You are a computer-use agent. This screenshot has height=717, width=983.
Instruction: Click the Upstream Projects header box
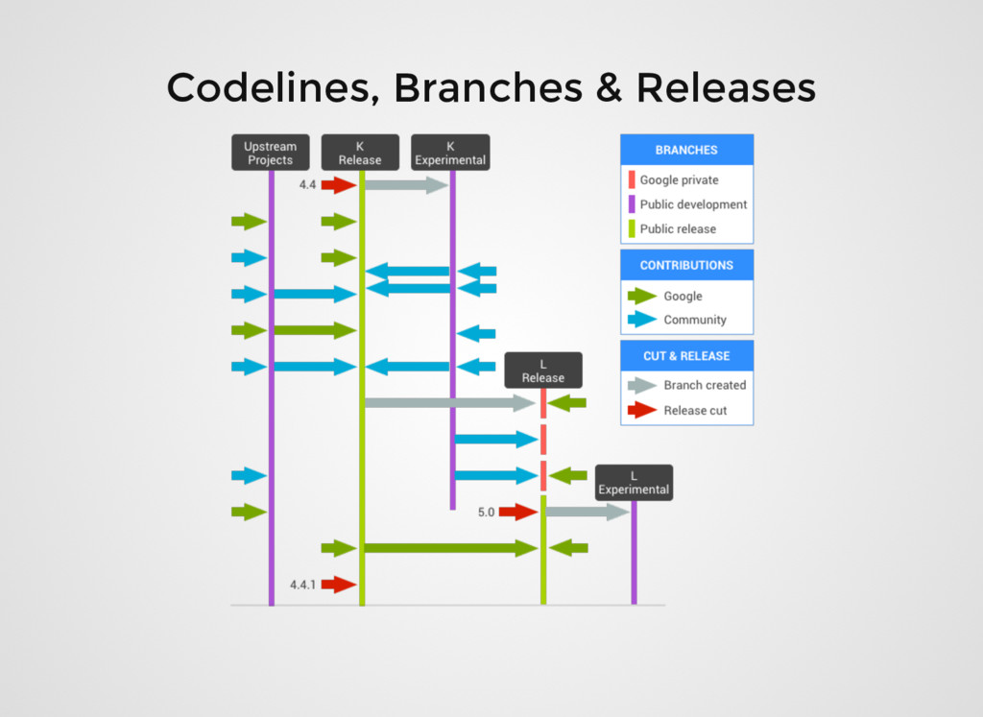click(270, 154)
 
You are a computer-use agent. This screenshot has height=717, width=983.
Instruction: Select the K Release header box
click(360, 154)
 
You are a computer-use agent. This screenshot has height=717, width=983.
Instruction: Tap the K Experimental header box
click(450, 154)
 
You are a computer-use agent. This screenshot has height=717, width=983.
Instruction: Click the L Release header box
click(543, 370)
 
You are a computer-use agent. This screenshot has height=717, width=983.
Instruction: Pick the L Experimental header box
click(634, 483)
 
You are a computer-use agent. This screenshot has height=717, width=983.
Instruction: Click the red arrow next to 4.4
click(338, 185)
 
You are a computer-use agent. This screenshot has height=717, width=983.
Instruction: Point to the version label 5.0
click(487, 513)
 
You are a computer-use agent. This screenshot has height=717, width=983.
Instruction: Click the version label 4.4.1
click(302, 584)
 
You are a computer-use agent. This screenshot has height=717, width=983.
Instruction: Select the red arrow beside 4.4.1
click(338, 584)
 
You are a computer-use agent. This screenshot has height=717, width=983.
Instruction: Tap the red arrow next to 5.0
click(517, 513)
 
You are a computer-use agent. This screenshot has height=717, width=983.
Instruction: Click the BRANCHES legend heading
click(686, 150)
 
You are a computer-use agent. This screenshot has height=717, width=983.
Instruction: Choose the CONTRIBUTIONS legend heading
click(686, 265)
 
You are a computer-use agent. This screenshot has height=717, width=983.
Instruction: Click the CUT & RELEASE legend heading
click(686, 356)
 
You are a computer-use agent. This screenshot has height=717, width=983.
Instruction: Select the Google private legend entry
click(679, 179)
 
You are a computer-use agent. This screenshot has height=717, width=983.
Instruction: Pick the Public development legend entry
click(693, 204)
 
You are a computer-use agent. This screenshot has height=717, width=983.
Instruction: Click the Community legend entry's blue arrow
click(642, 320)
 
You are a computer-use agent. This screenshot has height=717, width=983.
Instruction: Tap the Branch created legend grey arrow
click(642, 385)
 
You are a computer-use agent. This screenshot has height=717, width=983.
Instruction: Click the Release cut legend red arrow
click(642, 410)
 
